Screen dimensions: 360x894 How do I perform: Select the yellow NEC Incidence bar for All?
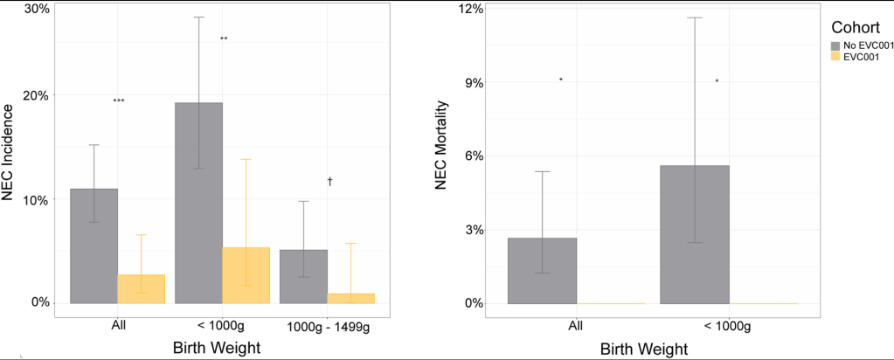(x=141, y=289)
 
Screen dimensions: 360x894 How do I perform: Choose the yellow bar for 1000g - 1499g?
(x=350, y=298)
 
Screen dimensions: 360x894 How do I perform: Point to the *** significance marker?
(x=119, y=101)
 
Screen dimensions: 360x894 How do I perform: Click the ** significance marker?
(x=224, y=39)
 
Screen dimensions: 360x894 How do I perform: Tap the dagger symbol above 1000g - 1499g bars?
(x=330, y=182)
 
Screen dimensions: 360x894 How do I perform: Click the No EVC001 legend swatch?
(x=835, y=45)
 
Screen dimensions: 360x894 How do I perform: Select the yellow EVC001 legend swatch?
(x=835, y=57)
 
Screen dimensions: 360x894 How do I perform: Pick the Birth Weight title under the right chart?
(x=643, y=348)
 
